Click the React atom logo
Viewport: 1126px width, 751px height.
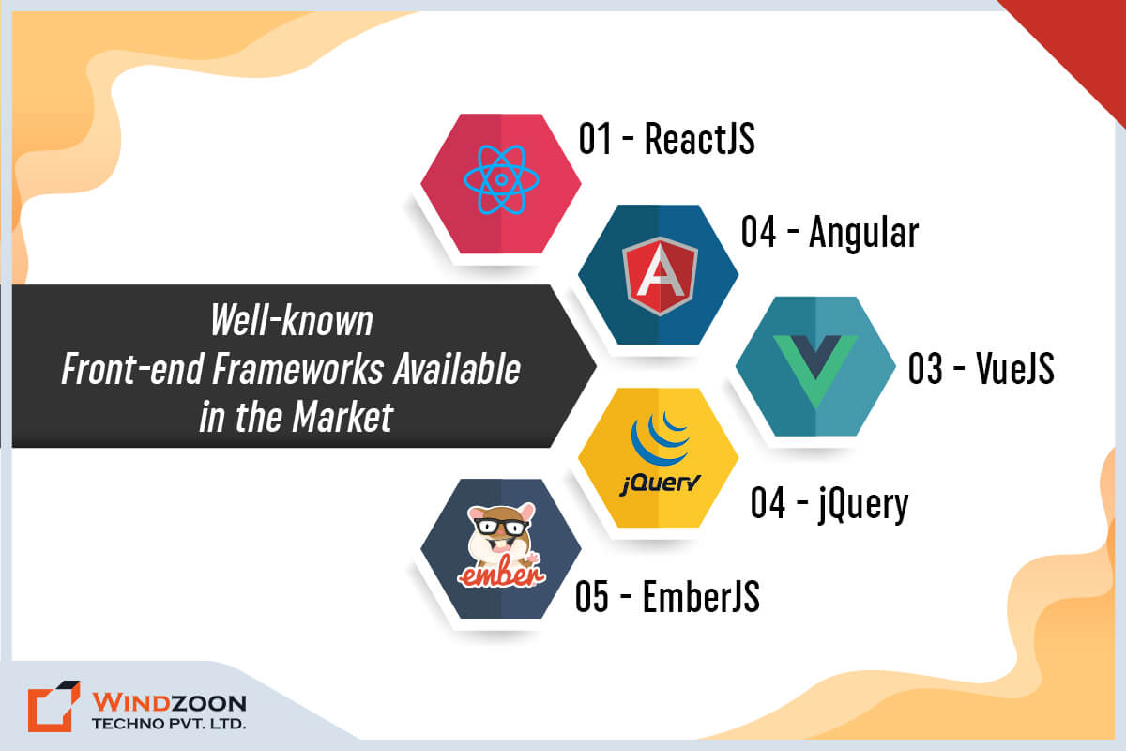501,179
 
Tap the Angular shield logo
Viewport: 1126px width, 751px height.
660,276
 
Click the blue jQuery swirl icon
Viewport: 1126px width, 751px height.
660,437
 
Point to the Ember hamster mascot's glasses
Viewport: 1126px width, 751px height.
500,528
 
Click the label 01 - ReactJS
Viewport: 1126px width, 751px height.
666,138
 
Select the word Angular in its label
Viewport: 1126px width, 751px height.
863,233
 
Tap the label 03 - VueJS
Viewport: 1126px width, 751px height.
981,368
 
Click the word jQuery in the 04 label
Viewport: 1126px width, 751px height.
863,504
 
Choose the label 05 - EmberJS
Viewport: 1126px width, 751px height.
667,596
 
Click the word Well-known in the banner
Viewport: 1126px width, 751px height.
292,320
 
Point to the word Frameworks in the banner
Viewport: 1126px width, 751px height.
298,369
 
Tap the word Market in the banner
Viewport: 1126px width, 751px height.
342,417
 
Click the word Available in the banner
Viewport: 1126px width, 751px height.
457,369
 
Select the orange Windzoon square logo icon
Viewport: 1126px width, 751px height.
53,706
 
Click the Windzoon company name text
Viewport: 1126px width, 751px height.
169,702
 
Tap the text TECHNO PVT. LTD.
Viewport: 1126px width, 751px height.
169,724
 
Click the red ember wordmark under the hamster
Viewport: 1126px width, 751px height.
501,574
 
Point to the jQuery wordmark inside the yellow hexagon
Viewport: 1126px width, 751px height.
660,483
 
